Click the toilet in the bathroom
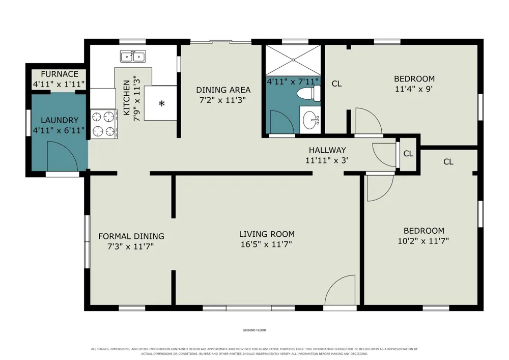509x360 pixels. (x=309, y=94)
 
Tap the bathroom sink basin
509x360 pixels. (x=310, y=120)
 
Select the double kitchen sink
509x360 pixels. (x=133, y=57)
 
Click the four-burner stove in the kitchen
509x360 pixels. (x=104, y=124)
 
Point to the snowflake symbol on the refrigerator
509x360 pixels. (x=162, y=103)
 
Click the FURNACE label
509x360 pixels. (x=60, y=74)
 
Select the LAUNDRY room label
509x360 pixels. (x=60, y=120)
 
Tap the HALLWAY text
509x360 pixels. (x=327, y=150)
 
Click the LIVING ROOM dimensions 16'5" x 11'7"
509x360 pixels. (x=267, y=244)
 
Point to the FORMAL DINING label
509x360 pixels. (x=131, y=236)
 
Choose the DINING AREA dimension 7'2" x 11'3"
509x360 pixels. (x=222, y=100)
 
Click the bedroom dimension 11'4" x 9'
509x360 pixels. (x=414, y=89)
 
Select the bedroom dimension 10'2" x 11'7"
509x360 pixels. (x=423, y=241)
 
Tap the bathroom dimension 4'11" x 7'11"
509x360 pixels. (x=293, y=81)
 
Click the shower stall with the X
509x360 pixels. (x=293, y=60)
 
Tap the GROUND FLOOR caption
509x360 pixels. (x=254, y=330)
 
